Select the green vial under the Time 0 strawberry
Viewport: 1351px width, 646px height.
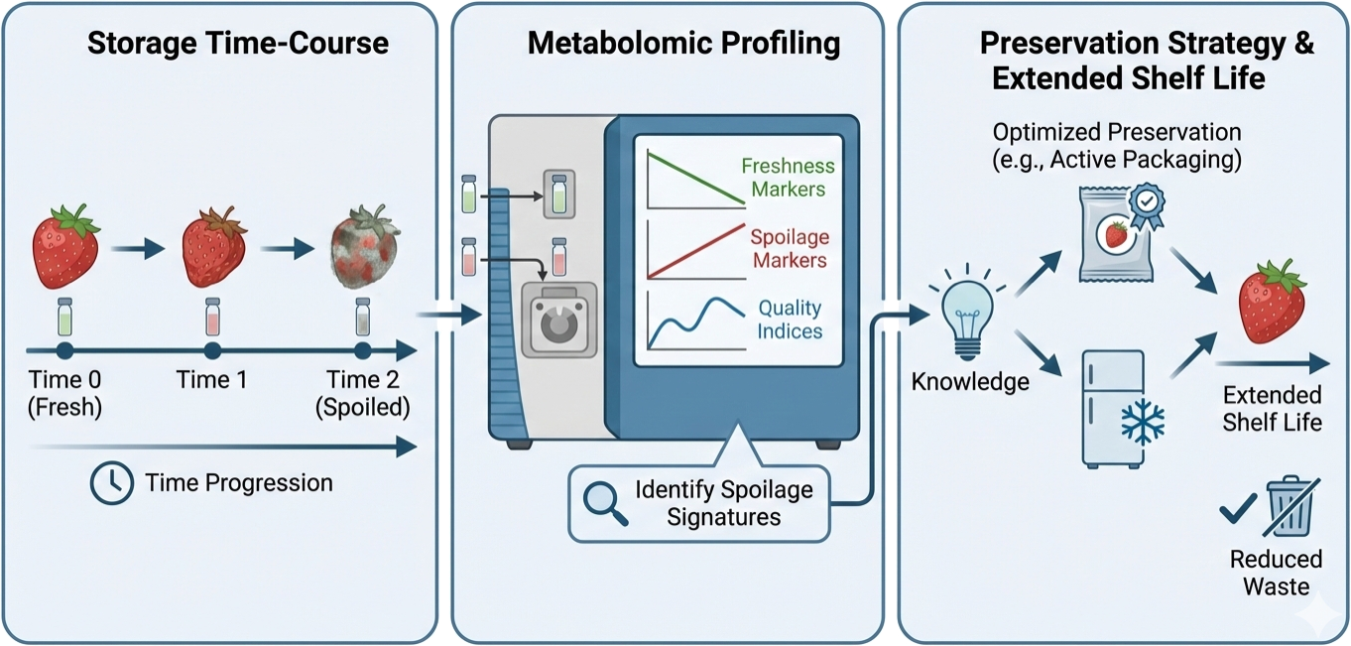65,317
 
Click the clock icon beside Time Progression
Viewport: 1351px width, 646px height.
111,483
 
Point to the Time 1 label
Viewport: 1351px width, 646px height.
211,379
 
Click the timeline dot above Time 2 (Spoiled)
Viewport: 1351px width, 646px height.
363,350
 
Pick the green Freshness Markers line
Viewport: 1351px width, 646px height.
694,179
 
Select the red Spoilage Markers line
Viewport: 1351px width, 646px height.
694,252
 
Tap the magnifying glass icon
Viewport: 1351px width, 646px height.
604,502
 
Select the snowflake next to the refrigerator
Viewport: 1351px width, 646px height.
1143,422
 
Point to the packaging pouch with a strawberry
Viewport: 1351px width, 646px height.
1116,234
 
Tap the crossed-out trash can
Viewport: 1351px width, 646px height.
1290,505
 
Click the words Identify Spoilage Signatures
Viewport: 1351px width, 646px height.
723,503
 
